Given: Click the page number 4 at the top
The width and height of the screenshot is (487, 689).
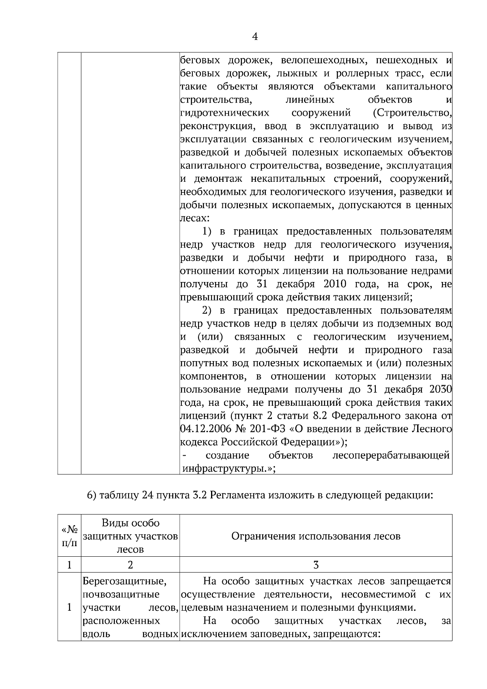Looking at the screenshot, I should [x=254, y=37].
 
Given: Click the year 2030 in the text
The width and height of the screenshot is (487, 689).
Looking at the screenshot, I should [x=440, y=390].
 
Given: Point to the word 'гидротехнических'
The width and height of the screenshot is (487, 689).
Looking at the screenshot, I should [x=224, y=112].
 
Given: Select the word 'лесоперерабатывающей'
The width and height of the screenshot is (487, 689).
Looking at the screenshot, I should [x=390, y=456].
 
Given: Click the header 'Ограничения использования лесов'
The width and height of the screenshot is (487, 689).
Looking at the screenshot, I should [x=316, y=536].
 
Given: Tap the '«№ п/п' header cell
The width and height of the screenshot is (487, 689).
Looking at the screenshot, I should [x=69, y=536].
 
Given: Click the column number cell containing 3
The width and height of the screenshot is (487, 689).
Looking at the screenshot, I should [x=316, y=565].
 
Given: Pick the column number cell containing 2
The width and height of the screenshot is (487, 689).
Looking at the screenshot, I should [x=130, y=565].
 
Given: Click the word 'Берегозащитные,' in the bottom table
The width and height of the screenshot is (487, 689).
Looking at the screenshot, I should [x=124, y=581].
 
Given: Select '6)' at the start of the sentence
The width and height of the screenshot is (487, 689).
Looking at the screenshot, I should [x=92, y=495].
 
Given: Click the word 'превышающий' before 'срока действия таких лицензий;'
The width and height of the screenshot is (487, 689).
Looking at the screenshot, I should [x=217, y=297].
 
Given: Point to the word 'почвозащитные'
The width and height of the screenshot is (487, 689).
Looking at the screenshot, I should [x=121, y=594].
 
